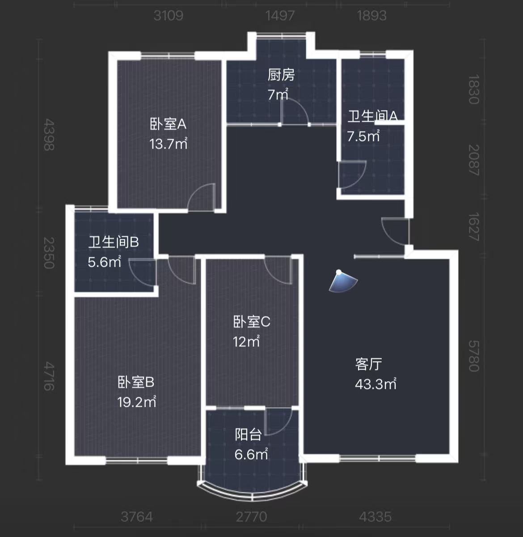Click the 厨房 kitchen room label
coord(281,75)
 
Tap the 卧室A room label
coord(168,124)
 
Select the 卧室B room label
coord(136,382)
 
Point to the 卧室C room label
coord(252,322)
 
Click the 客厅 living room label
coord(369,364)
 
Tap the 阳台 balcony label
coord(248,435)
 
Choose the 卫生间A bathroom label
coord(373,116)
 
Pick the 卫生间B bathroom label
coord(114,242)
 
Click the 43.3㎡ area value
coord(375,384)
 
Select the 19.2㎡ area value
coord(137,402)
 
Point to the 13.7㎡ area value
coord(168,144)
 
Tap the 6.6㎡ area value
coord(251,454)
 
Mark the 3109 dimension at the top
coord(168,16)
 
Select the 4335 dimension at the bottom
coord(375,517)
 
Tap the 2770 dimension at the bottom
coord(251,517)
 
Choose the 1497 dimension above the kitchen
coord(280,16)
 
